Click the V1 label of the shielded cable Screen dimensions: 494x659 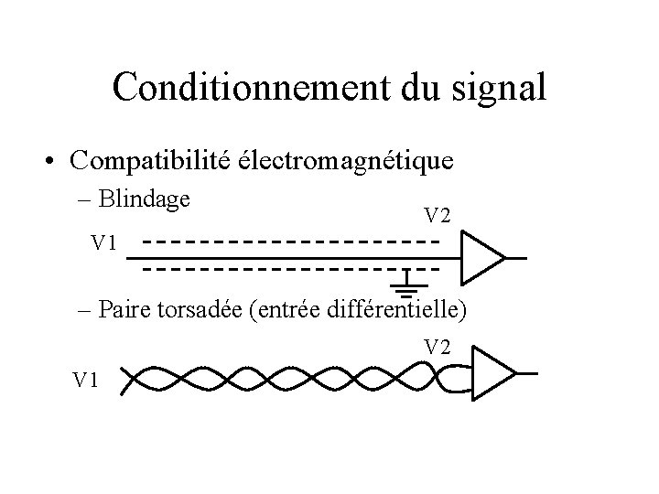(104, 243)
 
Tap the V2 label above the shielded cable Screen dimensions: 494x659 (437, 216)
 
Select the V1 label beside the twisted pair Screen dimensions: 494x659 (87, 378)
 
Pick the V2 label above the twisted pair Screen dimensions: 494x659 (437, 347)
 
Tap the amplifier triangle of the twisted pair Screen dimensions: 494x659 (492, 373)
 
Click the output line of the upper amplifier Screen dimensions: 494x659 (517, 258)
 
